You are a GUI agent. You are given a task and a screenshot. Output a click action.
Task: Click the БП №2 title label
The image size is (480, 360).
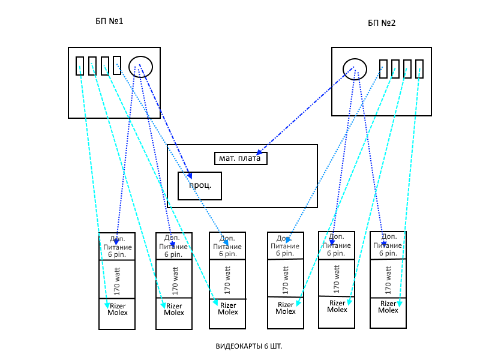coord(382,23)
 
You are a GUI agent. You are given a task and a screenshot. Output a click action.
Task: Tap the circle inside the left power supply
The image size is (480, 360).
coord(140,67)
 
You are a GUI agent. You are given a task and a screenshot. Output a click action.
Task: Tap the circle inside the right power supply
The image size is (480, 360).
coord(355,70)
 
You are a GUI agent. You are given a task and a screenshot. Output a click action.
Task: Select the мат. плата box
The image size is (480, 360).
coord(240,159)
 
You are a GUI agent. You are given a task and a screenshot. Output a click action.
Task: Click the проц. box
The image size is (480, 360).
coord(200,185)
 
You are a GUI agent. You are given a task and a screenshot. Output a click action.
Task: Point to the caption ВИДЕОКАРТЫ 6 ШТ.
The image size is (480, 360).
coord(248,347)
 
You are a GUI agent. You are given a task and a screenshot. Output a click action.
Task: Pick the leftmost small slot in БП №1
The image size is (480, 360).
coord(80,66)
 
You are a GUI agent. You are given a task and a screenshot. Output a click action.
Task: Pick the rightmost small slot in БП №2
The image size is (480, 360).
coord(419,69)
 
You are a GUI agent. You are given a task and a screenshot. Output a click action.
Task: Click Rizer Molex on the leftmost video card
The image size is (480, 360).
coord(117,309)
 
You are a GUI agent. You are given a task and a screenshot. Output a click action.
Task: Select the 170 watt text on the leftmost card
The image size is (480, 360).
coord(118,279)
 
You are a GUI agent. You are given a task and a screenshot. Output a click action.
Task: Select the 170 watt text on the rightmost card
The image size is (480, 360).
coord(389,279)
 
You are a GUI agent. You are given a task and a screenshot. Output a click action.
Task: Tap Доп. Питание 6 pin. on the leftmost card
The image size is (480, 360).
coord(117,246)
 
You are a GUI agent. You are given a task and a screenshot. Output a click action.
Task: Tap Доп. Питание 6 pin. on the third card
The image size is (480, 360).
coord(227,246)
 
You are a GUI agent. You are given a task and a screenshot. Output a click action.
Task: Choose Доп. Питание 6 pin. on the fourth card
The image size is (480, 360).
coord(286,245)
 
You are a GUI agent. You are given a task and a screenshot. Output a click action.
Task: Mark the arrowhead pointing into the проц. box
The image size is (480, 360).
coord(190,176)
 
